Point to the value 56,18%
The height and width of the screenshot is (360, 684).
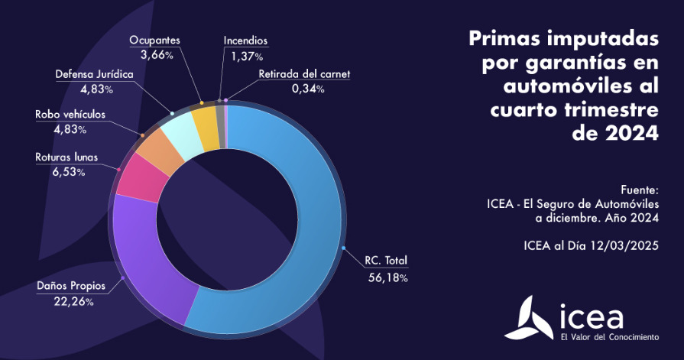(387, 277)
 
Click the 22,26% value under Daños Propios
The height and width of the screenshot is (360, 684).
(75, 303)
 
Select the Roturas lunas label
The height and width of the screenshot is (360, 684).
(66, 157)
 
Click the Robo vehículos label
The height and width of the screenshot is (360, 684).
(70, 115)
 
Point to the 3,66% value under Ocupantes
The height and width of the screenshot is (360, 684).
(157, 55)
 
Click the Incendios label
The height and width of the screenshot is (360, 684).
(245, 41)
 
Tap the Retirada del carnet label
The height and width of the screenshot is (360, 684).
(304, 74)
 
